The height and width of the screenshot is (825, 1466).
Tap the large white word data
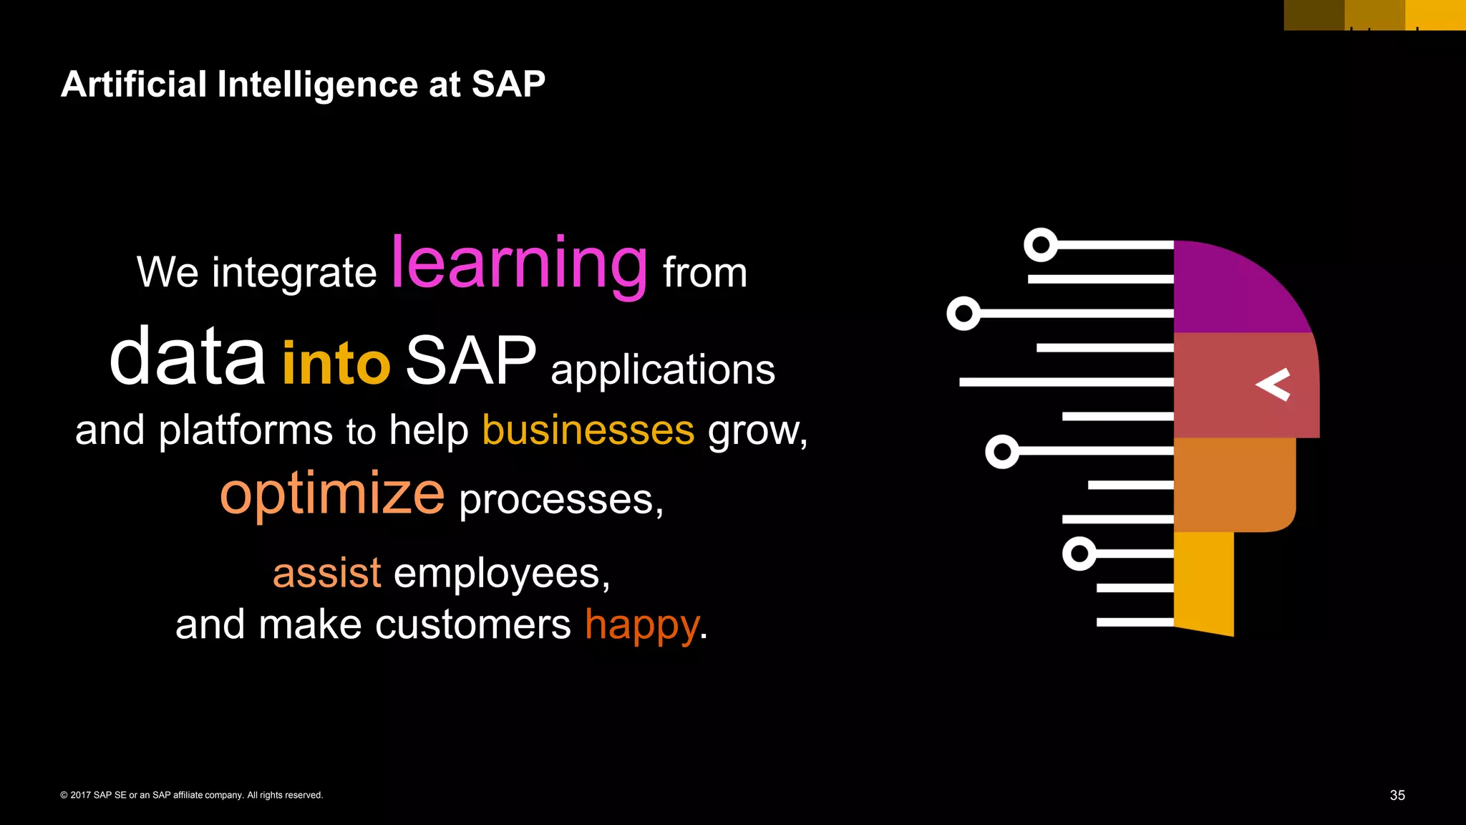(x=187, y=357)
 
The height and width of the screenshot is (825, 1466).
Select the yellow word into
(x=336, y=363)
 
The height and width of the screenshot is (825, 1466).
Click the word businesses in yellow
(x=588, y=430)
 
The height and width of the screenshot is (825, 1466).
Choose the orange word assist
(x=327, y=573)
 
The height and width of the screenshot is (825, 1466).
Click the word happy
(x=642, y=624)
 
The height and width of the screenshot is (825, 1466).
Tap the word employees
(x=501, y=573)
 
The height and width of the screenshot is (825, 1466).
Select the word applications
(x=662, y=370)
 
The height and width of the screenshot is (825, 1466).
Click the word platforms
(x=246, y=430)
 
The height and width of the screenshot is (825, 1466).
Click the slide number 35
(x=1397, y=795)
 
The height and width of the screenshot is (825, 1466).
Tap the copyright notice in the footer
(x=192, y=795)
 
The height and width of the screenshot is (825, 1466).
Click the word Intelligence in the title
(x=318, y=85)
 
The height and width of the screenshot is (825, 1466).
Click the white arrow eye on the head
(x=1273, y=385)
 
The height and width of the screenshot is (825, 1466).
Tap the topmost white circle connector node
(x=1041, y=245)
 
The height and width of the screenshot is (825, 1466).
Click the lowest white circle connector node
(x=1079, y=554)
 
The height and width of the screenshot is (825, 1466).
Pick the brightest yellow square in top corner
(x=1436, y=14)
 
